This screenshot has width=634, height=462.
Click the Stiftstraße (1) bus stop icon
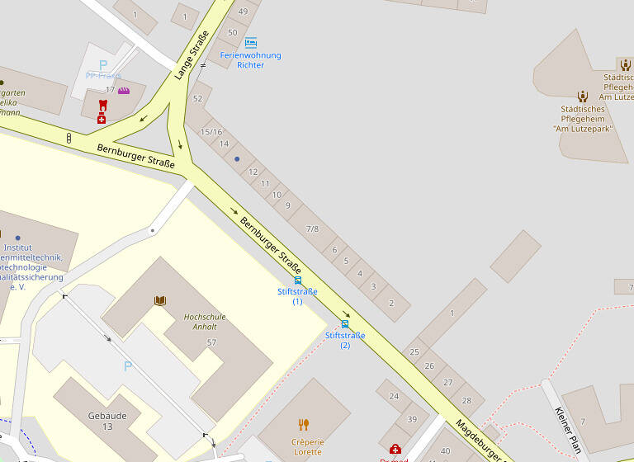pyautogui.click(x=297, y=280)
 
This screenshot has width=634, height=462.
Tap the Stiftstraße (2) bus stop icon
pyautogui.click(x=344, y=324)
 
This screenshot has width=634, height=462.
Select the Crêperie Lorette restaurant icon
pyautogui.click(x=303, y=424)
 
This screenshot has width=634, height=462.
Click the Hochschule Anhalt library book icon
pyautogui.click(x=160, y=301)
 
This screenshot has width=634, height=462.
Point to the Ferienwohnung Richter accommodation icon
pyautogui.click(x=250, y=43)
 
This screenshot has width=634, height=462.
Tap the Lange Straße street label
pyautogui.click(x=191, y=55)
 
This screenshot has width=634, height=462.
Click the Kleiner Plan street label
pyautogui.click(x=569, y=430)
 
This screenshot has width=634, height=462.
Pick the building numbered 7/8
pyautogui.click(x=312, y=229)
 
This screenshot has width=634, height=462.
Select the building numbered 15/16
pyautogui.click(x=212, y=132)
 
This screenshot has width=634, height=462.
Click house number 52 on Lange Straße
pyautogui.click(x=197, y=98)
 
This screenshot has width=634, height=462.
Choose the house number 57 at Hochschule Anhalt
pyautogui.click(x=211, y=342)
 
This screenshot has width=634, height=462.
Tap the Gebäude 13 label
pyautogui.click(x=107, y=421)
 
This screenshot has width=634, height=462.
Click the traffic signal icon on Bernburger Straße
pyautogui.click(x=69, y=138)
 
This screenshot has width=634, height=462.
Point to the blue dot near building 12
pyautogui.click(x=237, y=159)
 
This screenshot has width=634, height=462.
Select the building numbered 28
pyautogui.click(x=467, y=400)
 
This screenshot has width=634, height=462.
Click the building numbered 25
pyautogui.click(x=414, y=352)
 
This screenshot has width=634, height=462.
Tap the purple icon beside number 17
pyautogui.click(x=124, y=90)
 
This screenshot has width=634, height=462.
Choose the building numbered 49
pyautogui.click(x=243, y=12)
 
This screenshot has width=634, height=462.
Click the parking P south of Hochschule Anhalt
pyautogui.click(x=127, y=365)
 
